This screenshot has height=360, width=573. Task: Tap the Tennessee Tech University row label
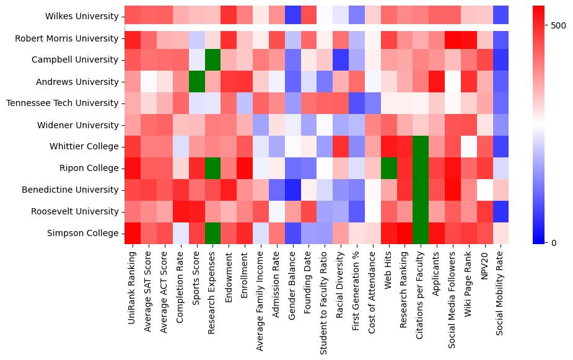click(x=62, y=103)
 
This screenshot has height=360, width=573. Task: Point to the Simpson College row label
click(x=82, y=234)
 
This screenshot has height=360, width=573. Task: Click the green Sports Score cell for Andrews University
click(x=196, y=82)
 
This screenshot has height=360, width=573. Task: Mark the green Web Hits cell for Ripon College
click(x=388, y=169)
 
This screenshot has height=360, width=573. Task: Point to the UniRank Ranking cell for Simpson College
click(x=133, y=234)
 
